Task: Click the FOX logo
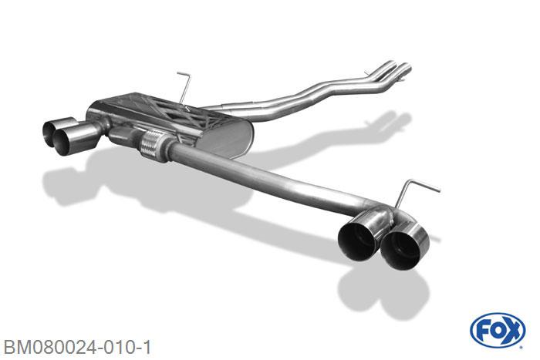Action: coord(498,331)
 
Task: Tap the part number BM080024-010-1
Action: coord(77,347)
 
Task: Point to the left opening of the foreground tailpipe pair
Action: coord(356,241)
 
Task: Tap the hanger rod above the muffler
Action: coord(184,87)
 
